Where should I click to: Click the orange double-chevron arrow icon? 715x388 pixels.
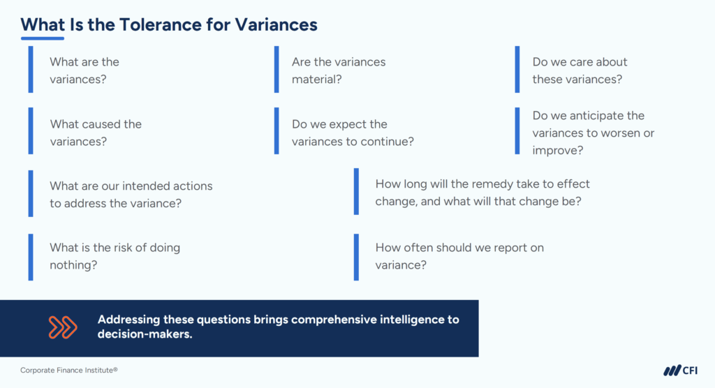point(63,327)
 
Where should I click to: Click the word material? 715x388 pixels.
point(316,79)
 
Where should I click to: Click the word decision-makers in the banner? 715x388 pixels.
point(145,334)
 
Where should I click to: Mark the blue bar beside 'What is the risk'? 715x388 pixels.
point(31,257)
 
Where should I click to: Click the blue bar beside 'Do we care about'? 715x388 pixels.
point(517,70)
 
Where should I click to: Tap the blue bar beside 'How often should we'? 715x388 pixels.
point(356,257)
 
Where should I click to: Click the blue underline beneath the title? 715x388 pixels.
point(42,38)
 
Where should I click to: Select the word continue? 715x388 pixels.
point(390,141)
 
